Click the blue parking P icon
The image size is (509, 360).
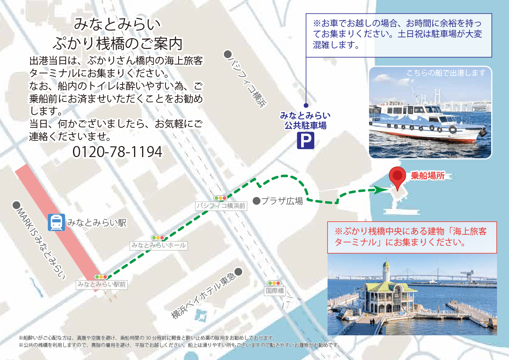[305, 141]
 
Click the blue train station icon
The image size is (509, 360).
[56, 222]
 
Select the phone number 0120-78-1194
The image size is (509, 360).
[117, 152]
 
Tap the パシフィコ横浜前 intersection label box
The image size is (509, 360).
[221, 206]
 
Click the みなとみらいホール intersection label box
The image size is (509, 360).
[158, 245]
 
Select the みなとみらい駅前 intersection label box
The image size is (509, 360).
[102, 284]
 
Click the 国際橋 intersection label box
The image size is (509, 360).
[274, 291]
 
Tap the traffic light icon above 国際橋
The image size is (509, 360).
[274, 283]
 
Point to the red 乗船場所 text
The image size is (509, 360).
[428, 176]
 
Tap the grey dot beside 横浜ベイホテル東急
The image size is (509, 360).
[238, 271]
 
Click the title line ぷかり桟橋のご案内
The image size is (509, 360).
[117, 43]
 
